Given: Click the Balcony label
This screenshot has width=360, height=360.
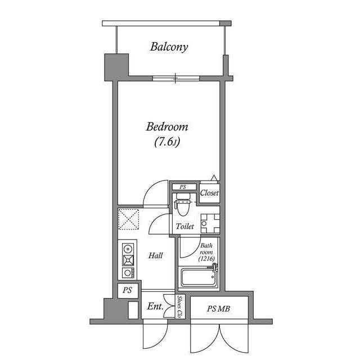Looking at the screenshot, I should [169, 47].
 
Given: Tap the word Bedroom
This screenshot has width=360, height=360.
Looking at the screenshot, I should [167, 127].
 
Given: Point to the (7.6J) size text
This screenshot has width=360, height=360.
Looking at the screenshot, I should [167, 143].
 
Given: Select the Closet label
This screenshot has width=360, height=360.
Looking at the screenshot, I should [209, 193].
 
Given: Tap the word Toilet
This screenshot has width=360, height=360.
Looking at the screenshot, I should [184, 226].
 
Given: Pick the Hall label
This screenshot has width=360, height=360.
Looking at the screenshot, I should [156, 256].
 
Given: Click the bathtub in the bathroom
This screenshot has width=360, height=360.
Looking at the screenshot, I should [198, 278].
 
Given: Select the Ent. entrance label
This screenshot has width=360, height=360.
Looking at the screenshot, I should [155, 307].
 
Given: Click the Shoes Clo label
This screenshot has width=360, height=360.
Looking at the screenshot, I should [179, 307].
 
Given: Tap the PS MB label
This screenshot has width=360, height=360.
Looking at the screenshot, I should [219, 308].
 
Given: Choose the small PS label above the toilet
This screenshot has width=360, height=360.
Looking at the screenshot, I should [183, 187].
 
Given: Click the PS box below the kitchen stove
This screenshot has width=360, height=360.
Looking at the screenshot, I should [127, 291].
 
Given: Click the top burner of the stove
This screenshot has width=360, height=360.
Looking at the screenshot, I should [128, 247].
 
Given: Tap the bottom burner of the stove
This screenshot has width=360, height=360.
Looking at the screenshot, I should [128, 273].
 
